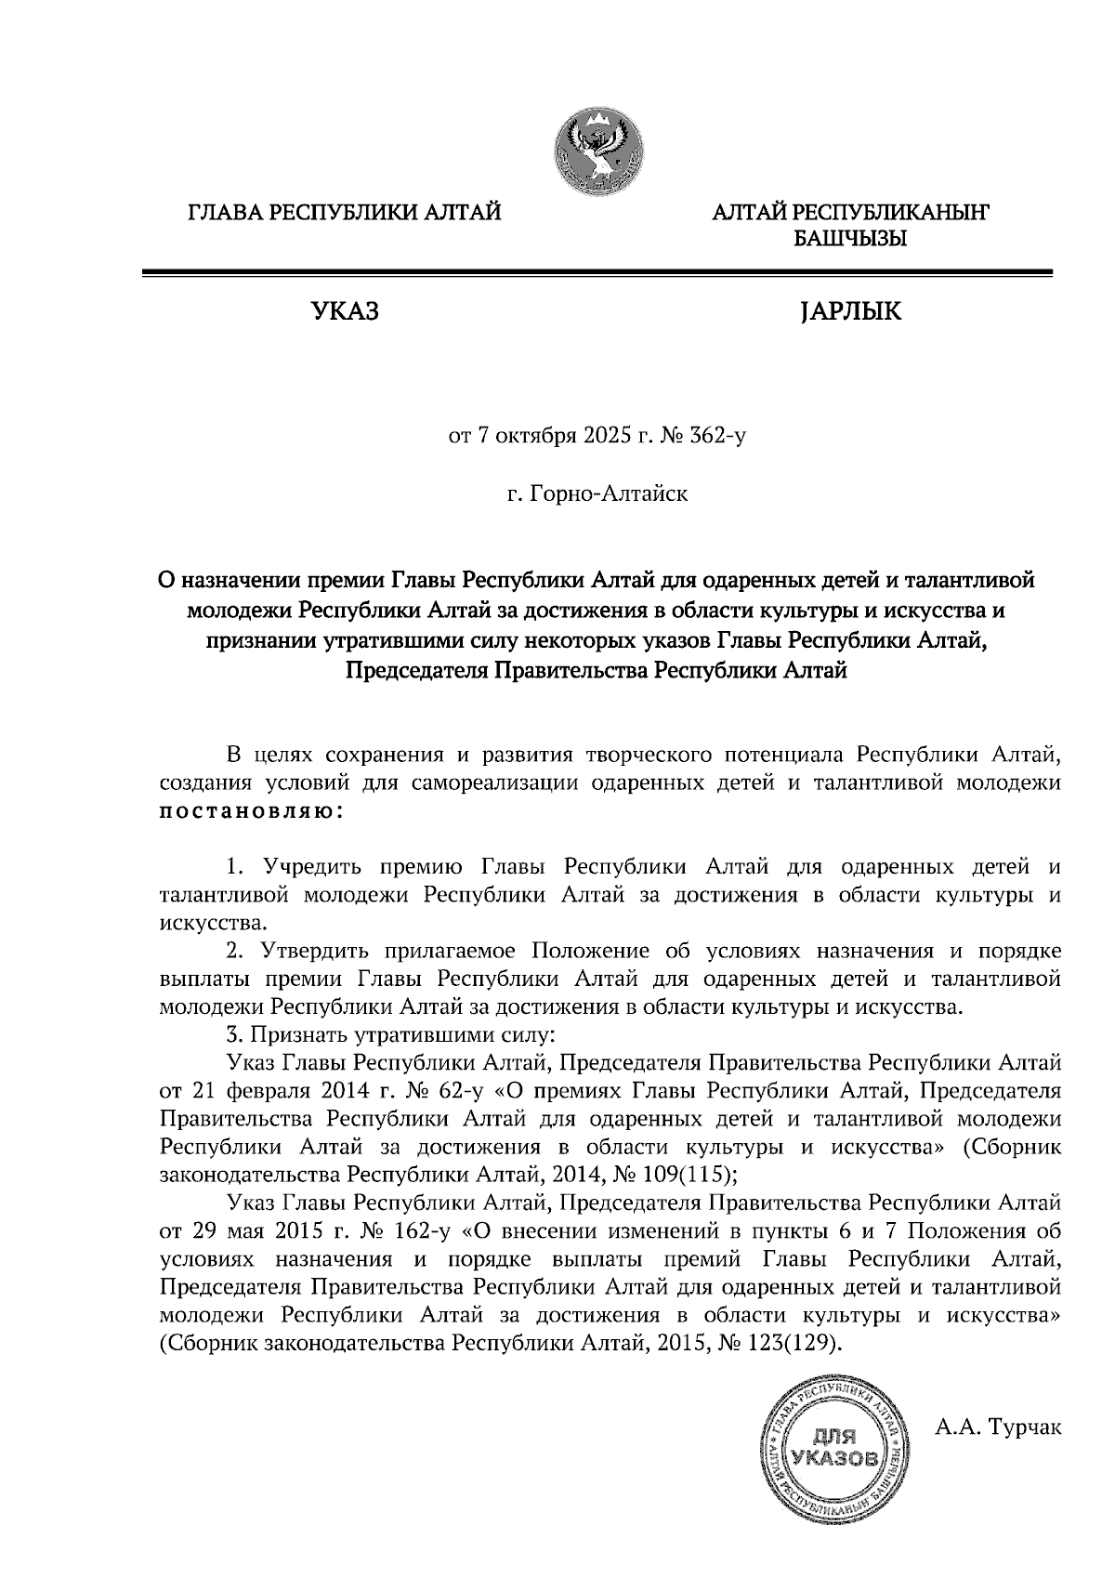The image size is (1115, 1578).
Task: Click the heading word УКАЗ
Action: tap(345, 312)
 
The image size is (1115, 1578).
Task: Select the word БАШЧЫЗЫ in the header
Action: tap(849, 240)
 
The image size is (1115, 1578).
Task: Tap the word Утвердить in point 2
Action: tap(314, 951)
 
